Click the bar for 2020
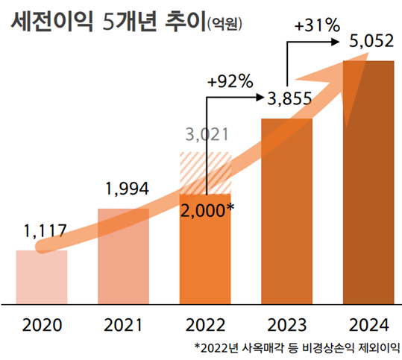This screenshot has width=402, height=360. [42, 277]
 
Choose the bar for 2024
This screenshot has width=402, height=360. [368, 186]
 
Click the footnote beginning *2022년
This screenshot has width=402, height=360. [297, 347]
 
